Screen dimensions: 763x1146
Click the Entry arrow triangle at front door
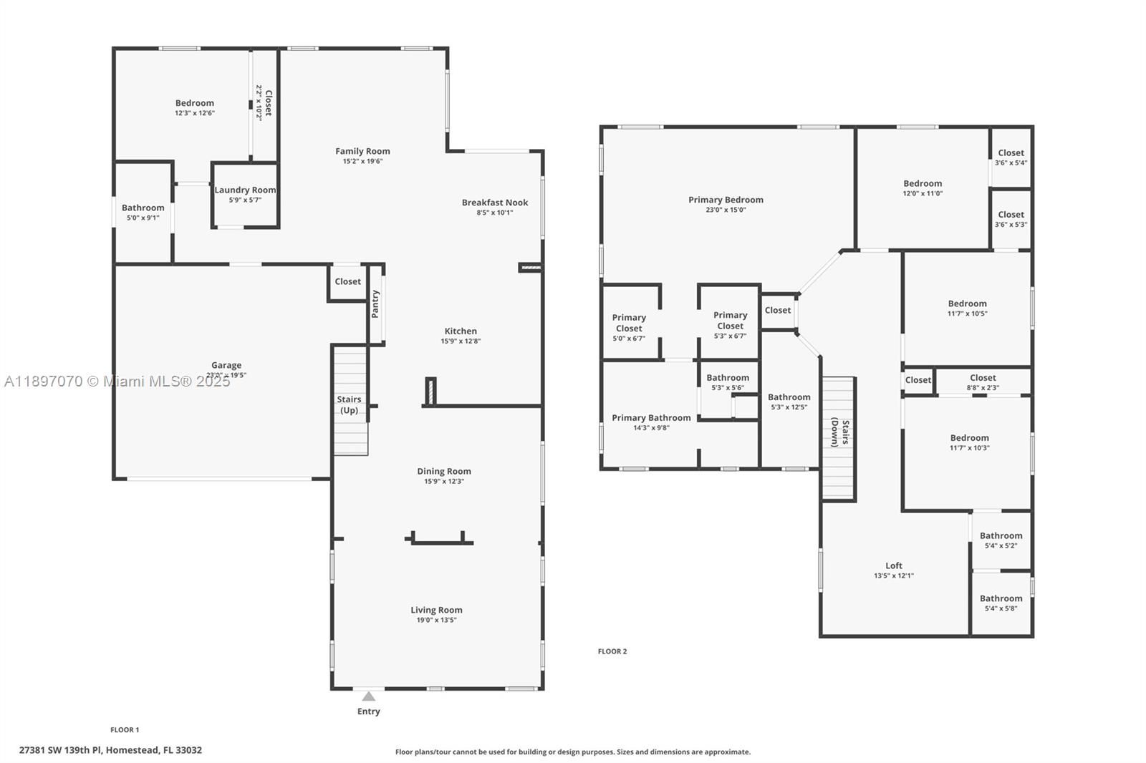368,696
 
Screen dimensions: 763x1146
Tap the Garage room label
226,365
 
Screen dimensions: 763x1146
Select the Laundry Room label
245,190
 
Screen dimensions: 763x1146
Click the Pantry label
375,304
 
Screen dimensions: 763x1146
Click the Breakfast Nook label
494,203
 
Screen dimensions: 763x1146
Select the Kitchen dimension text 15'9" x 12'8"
461,341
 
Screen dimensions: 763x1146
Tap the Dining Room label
444,471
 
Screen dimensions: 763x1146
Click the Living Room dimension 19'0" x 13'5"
436,621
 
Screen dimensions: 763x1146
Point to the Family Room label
362,151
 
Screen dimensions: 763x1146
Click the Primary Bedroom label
726,200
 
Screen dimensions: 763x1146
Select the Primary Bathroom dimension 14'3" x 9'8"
651,428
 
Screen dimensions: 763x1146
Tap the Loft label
893,565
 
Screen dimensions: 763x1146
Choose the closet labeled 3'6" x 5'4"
1011,157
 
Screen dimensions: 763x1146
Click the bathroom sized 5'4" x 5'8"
1001,603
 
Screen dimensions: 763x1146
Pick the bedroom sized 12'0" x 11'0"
923,188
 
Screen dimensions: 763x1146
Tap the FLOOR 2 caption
612,651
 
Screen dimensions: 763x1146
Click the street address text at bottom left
110,750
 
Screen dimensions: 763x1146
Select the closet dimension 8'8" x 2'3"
983,388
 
